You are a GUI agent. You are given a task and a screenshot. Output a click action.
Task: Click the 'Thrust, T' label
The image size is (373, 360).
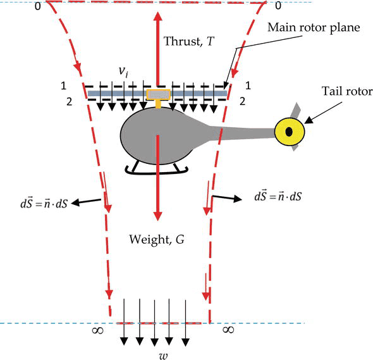189,41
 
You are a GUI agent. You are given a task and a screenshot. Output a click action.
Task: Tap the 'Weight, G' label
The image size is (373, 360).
157,239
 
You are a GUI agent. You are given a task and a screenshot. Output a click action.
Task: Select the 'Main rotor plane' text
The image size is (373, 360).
314,28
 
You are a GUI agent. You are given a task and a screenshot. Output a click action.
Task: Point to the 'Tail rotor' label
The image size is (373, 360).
347,91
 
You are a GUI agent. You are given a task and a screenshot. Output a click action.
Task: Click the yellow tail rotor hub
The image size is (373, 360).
290,132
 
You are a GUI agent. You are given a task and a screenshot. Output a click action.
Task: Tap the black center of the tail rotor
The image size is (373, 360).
289,132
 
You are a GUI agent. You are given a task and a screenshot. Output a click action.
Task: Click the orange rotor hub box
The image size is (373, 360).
158,95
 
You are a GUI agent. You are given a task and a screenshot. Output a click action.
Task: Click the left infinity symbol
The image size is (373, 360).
97,330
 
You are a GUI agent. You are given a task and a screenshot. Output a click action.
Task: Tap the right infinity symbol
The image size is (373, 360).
228,330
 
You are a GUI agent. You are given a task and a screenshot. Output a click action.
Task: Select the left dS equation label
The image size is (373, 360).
44,204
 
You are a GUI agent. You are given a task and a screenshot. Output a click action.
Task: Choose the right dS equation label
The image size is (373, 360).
278,197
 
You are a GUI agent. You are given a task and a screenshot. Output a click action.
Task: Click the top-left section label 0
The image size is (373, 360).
38,6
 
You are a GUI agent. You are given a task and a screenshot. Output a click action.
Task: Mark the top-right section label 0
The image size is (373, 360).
278,6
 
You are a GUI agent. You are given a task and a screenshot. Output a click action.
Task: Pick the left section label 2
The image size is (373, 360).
69,102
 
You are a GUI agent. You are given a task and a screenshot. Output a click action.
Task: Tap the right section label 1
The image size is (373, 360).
248,85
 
